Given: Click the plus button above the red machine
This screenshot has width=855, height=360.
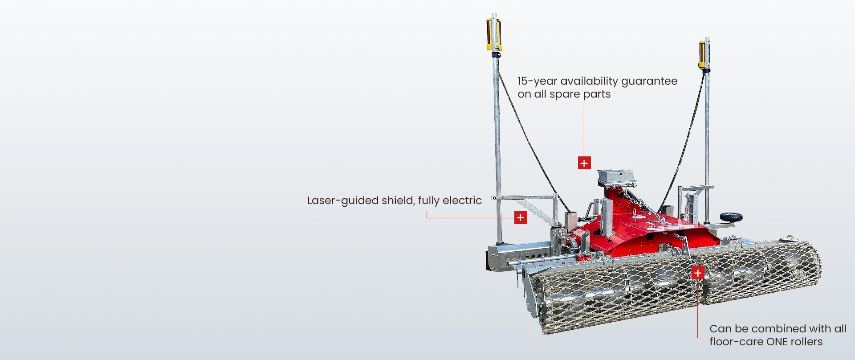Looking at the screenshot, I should [x=584, y=163].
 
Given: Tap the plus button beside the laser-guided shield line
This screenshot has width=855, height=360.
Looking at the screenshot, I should [x=521, y=217].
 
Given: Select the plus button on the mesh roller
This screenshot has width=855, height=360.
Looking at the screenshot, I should [x=698, y=273].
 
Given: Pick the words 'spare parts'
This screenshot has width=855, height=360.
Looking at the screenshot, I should [x=580, y=94].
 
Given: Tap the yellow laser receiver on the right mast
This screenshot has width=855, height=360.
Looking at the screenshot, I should [x=703, y=54].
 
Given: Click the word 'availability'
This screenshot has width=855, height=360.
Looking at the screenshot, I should [x=589, y=81].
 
